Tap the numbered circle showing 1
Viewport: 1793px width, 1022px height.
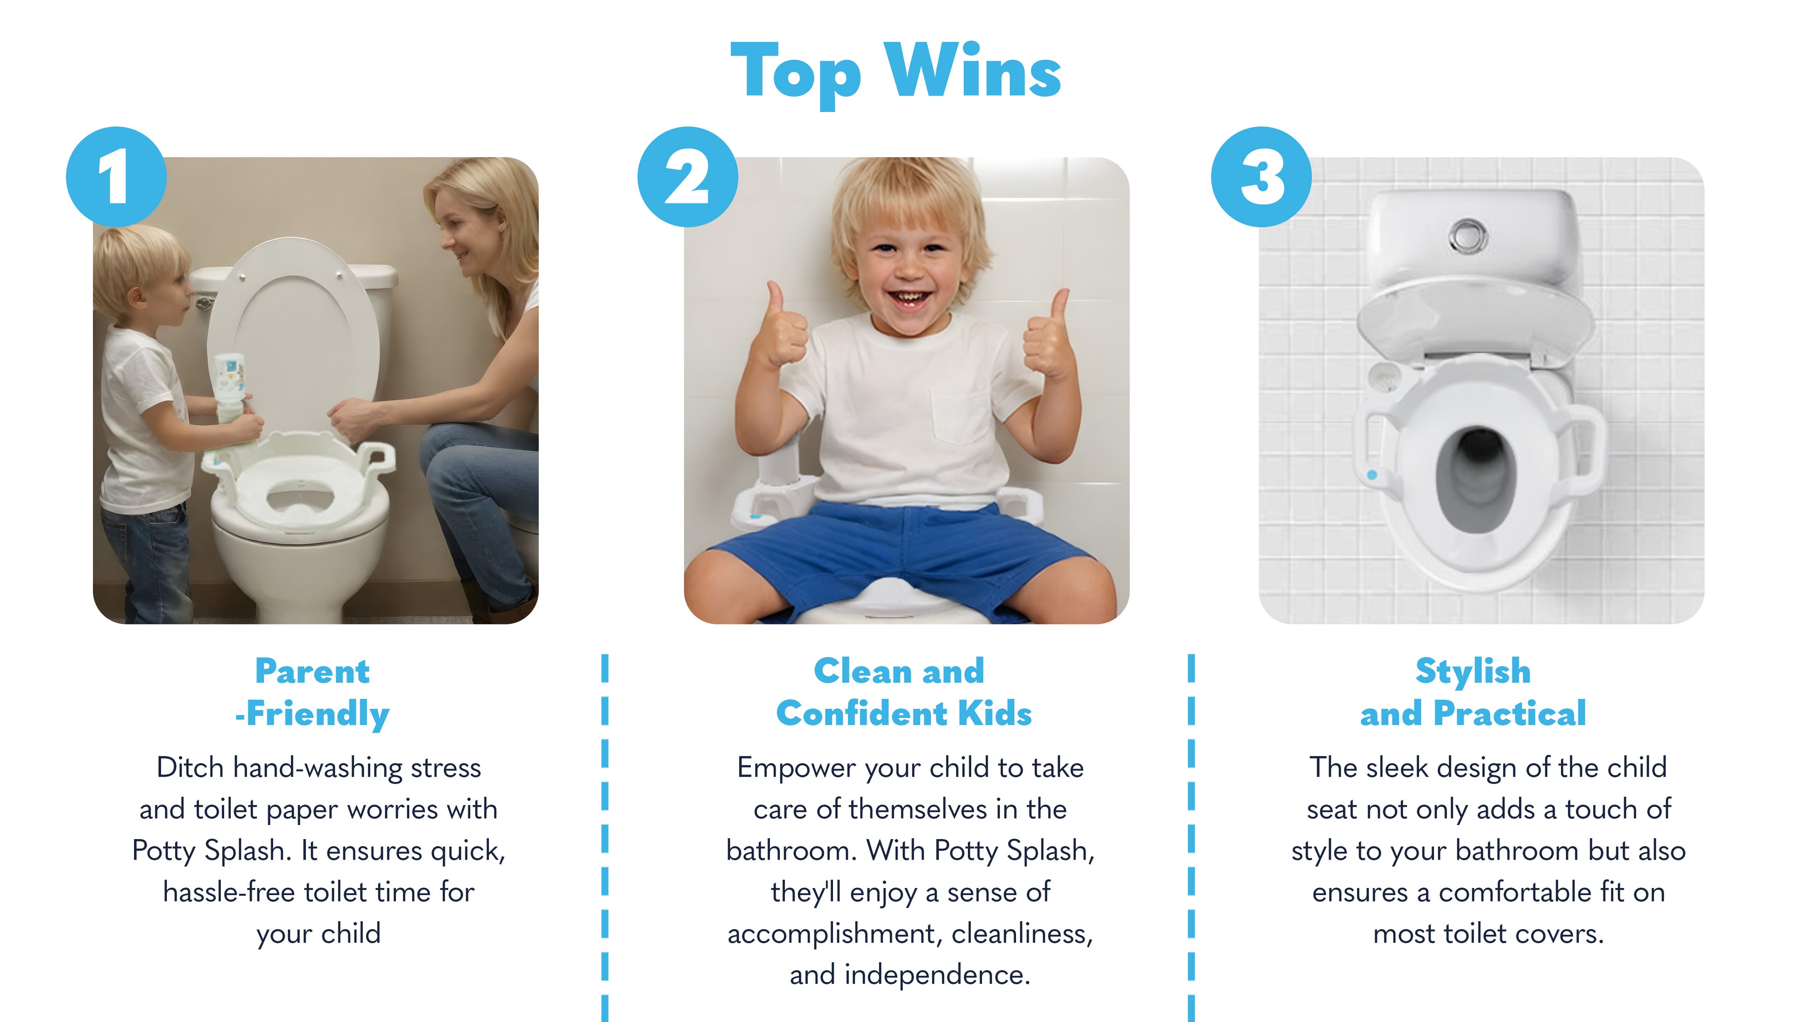pyautogui.click(x=116, y=177)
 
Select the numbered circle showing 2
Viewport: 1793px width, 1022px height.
pyautogui.click(x=688, y=177)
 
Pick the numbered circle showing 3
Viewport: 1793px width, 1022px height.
pyautogui.click(x=1261, y=177)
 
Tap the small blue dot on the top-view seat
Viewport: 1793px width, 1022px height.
pyautogui.click(x=1372, y=475)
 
